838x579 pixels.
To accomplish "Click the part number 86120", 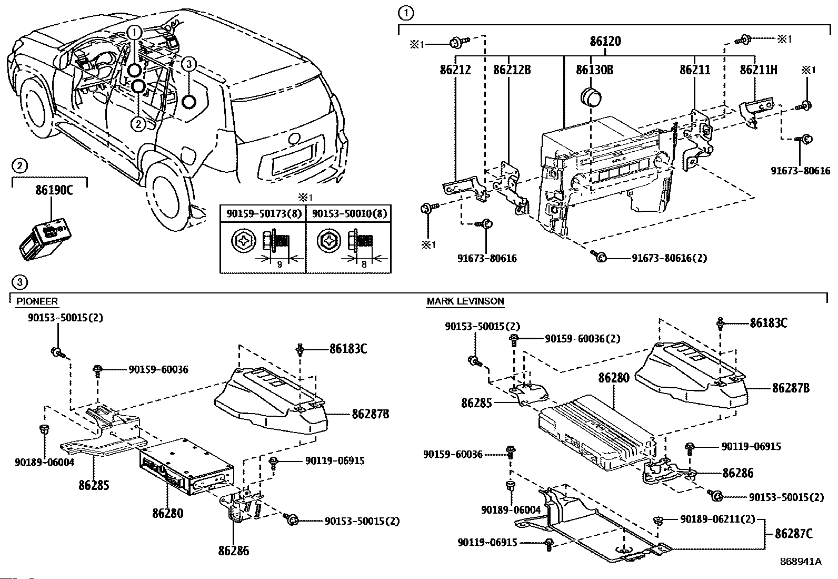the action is coord(605,41).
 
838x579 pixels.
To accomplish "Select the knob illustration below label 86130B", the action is coord(591,97).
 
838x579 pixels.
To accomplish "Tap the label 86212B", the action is coord(512,70).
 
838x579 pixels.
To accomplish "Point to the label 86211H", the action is coord(759,70).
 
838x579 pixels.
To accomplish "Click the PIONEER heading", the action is coord(37,301).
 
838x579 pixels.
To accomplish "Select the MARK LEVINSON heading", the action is coord(465,301).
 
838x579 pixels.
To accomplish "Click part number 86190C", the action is coord(54,190).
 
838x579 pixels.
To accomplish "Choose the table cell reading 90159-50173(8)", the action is coord(264,213).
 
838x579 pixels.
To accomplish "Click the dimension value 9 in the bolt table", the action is coord(280,264).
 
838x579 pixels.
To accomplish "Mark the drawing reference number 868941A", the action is coord(801,562).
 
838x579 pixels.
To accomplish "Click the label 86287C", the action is coord(794,533).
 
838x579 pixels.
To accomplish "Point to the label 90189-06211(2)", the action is coord(717,519).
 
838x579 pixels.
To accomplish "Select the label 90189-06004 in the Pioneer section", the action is coord(45,462).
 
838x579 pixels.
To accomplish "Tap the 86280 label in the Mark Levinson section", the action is coord(614,378).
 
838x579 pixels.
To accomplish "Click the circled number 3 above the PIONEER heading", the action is coord(20,282).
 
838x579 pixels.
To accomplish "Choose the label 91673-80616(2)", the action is coord(669,258).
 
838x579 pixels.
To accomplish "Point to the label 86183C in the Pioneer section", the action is coord(348,349).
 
